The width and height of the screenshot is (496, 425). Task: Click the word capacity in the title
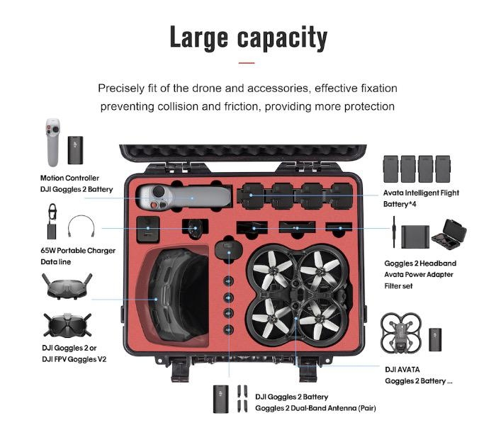pos(282,38)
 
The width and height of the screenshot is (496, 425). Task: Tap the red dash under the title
pos(247,63)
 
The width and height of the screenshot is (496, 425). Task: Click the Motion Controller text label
pos(69,178)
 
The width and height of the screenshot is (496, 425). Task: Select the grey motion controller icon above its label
pos(53,142)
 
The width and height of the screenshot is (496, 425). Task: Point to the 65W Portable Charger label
pos(78,251)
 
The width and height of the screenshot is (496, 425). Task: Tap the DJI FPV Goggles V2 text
pos(74,359)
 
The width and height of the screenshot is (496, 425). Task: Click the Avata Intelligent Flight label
pos(421,193)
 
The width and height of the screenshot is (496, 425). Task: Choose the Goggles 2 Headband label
pos(420,263)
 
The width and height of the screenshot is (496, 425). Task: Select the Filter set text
pos(398,286)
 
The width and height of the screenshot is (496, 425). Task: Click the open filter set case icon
pos(449,234)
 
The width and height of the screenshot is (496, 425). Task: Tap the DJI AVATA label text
pos(402,370)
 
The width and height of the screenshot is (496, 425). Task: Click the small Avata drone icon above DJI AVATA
pos(401,334)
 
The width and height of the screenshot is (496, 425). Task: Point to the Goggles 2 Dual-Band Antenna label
pos(315,408)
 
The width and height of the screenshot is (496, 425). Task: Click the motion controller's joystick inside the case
pos(159,192)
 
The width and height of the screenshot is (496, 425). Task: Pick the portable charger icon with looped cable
pos(52,222)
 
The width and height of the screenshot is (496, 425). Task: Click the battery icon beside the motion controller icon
pos(75,150)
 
